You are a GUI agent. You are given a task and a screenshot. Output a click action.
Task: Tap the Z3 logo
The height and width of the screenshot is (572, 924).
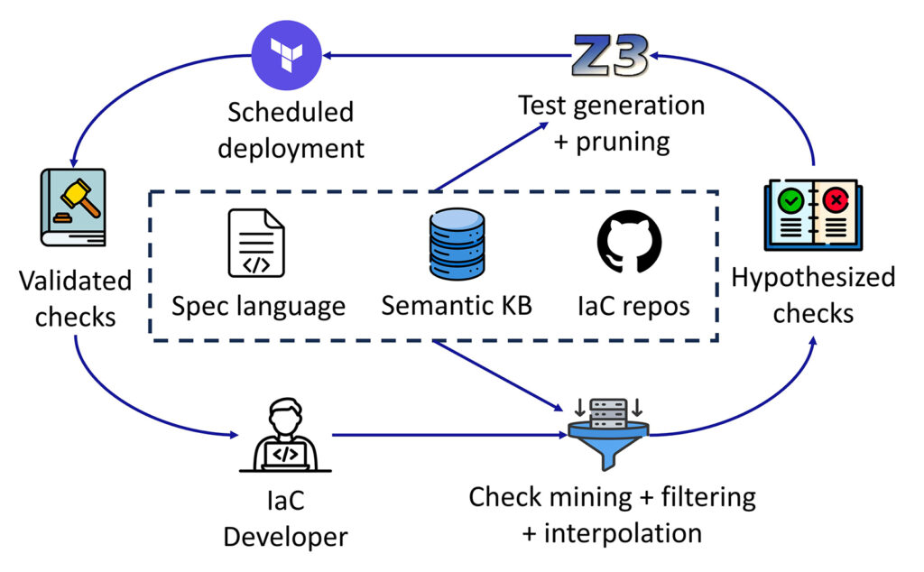610,57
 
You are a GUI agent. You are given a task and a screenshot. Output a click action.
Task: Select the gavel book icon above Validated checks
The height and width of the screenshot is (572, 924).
73,208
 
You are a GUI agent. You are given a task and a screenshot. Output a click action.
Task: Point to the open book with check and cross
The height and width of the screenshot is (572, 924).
812,216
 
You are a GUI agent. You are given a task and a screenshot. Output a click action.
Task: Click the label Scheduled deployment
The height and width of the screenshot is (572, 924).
291,130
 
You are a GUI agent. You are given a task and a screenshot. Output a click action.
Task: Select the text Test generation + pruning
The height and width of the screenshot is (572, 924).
611,124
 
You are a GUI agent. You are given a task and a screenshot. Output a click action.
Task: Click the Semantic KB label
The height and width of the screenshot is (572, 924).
457,306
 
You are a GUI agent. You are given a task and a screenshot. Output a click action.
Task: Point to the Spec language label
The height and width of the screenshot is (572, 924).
259,306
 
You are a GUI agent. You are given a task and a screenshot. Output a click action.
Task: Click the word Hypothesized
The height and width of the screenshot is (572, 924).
813,277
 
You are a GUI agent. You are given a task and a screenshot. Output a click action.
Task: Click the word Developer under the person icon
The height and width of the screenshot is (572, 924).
285,537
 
